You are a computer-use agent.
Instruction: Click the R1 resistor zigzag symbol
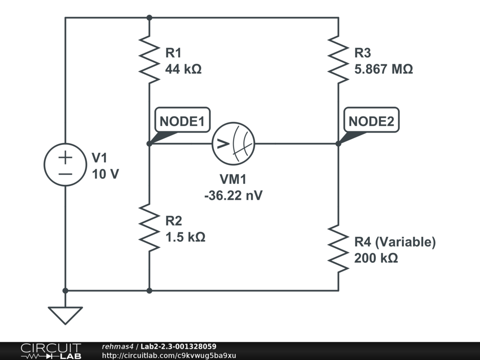coord(150,60)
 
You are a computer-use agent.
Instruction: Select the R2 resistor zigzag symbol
coord(150,227)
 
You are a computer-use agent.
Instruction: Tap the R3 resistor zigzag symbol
coord(338,60)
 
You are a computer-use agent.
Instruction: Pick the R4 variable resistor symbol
coord(338,248)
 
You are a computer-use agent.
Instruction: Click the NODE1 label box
coord(182,120)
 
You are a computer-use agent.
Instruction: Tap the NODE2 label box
coord(371,120)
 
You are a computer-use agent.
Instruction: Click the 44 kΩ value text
coord(183,69)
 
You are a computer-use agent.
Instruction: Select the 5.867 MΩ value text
coord(383,69)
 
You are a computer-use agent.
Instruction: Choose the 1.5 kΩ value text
coord(185,237)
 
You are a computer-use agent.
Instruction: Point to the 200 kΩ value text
coord(376,258)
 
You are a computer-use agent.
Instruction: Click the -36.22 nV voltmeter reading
coord(233,195)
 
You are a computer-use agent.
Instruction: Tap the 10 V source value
coord(105,174)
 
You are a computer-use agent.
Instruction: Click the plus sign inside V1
coord(65,157)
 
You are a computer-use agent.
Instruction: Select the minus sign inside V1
coord(65,174)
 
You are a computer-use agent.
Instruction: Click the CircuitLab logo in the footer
coord(51,351)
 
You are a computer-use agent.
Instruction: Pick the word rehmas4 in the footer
coord(118,346)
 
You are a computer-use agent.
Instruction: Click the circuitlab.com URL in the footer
coord(169,355)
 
